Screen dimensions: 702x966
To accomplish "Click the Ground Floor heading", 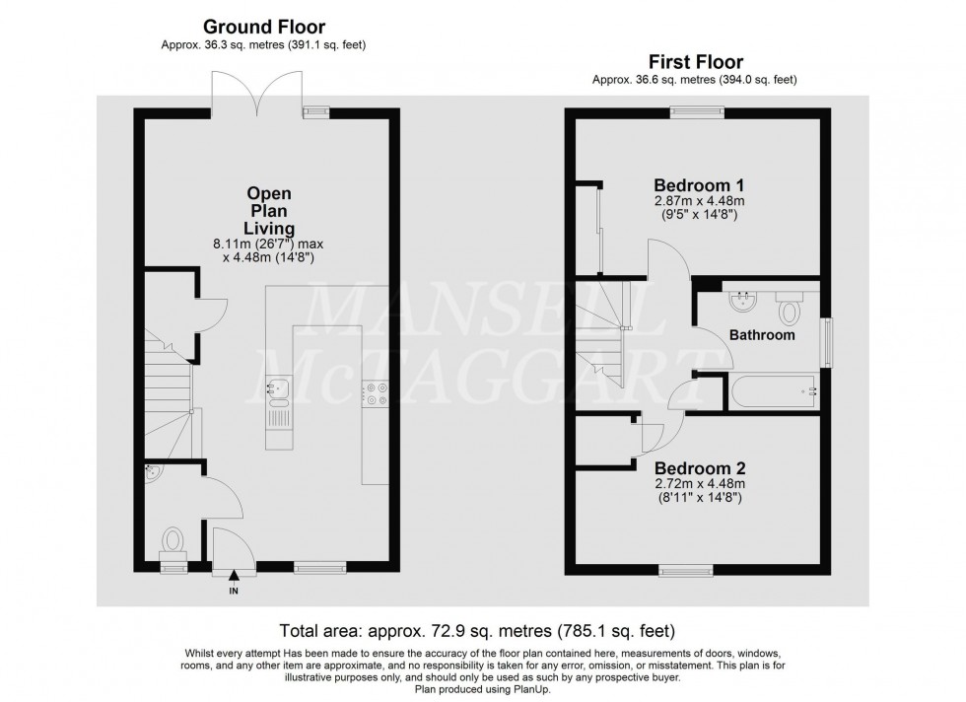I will (x=263, y=27).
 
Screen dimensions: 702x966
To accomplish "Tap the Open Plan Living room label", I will (x=269, y=211).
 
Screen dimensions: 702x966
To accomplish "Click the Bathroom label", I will (x=762, y=335).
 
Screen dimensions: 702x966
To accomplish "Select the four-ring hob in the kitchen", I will (x=376, y=392).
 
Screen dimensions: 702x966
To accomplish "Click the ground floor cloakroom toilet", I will (x=173, y=540).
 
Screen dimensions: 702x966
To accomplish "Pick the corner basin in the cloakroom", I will (x=152, y=472).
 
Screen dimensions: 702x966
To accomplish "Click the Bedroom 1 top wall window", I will (x=697, y=111).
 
